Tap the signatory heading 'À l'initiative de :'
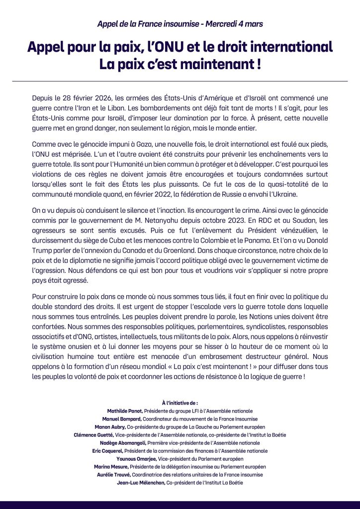[x=180, y=404]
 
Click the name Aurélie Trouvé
[x=114, y=475]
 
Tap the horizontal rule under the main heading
[x=180, y=81]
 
